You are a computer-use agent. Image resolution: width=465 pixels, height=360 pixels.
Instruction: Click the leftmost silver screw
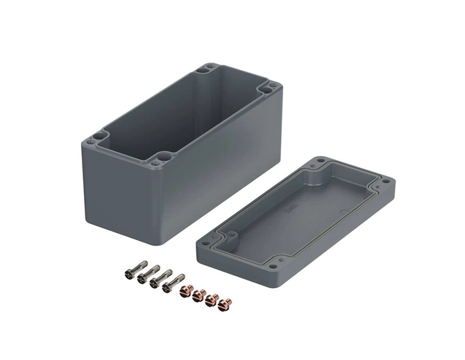(135, 270)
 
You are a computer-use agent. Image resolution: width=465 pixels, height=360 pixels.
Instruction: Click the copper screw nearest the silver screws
(185, 291)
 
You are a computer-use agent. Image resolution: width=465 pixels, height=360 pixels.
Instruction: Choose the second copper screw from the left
(198, 295)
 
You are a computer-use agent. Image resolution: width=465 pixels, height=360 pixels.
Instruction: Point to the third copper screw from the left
(211, 300)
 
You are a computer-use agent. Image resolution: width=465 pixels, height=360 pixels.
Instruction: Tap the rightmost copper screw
(224, 304)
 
